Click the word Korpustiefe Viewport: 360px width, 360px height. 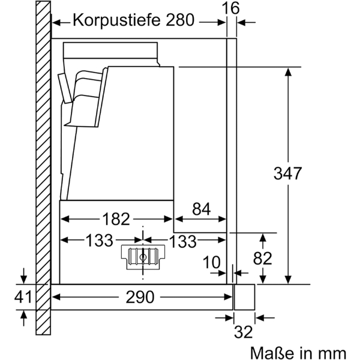[x=110, y=20]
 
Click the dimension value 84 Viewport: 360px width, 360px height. [x=201, y=210]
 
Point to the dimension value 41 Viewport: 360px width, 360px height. [x=24, y=296]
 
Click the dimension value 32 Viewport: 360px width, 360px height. [x=244, y=331]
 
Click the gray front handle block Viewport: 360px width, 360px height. [x=244, y=296]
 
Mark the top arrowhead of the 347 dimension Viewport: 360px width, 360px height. [x=289, y=71]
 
